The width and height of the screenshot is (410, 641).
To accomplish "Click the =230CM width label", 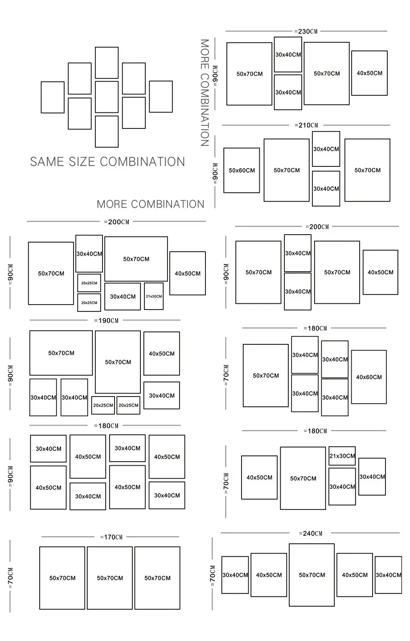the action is pyautogui.click(x=306, y=31).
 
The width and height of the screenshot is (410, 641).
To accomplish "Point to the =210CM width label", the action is pyautogui.click(x=306, y=125).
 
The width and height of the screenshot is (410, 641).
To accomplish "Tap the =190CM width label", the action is pyautogui.click(x=106, y=320).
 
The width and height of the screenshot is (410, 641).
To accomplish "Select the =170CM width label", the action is pyautogui.click(x=111, y=537).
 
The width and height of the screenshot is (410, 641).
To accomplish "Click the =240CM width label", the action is pyautogui.click(x=311, y=533).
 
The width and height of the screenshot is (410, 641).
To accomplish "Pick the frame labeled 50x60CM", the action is pyautogui.click(x=242, y=170).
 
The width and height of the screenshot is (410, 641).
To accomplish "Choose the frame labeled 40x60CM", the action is pyautogui.click(x=369, y=377).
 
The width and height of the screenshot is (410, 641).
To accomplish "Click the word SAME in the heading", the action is pyautogui.click(x=47, y=161).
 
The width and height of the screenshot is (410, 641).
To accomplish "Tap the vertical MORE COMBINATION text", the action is pyautogui.click(x=205, y=93).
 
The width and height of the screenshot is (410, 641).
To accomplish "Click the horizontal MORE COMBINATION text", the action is pyautogui.click(x=150, y=204).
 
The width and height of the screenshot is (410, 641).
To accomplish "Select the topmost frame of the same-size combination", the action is pyautogui.click(x=107, y=62).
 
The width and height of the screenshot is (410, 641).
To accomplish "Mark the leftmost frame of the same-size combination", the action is pyautogui.click(x=53, y=97).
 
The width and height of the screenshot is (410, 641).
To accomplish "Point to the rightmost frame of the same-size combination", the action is pyautogui.click(x=161, y=96).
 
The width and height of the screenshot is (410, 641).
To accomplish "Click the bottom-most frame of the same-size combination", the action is pyautogui.click(x=107, y=131).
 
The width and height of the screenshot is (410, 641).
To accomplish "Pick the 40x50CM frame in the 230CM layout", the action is pyautogui.click(x=369, y=73).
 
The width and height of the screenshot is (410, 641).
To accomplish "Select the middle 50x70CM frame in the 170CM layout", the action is pyautogui.click(x=110, y=578).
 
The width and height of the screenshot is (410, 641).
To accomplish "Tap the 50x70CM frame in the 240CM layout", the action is pyautogui.click(x=312, y=575).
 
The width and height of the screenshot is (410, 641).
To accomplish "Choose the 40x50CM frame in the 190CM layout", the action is pyautogui.click(x=161, y=353).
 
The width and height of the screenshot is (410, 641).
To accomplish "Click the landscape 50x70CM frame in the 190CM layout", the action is pyautogui.click(x=61, y=353).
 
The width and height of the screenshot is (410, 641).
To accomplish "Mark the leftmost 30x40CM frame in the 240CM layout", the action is pyautogui.click(x=235, y=575).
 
